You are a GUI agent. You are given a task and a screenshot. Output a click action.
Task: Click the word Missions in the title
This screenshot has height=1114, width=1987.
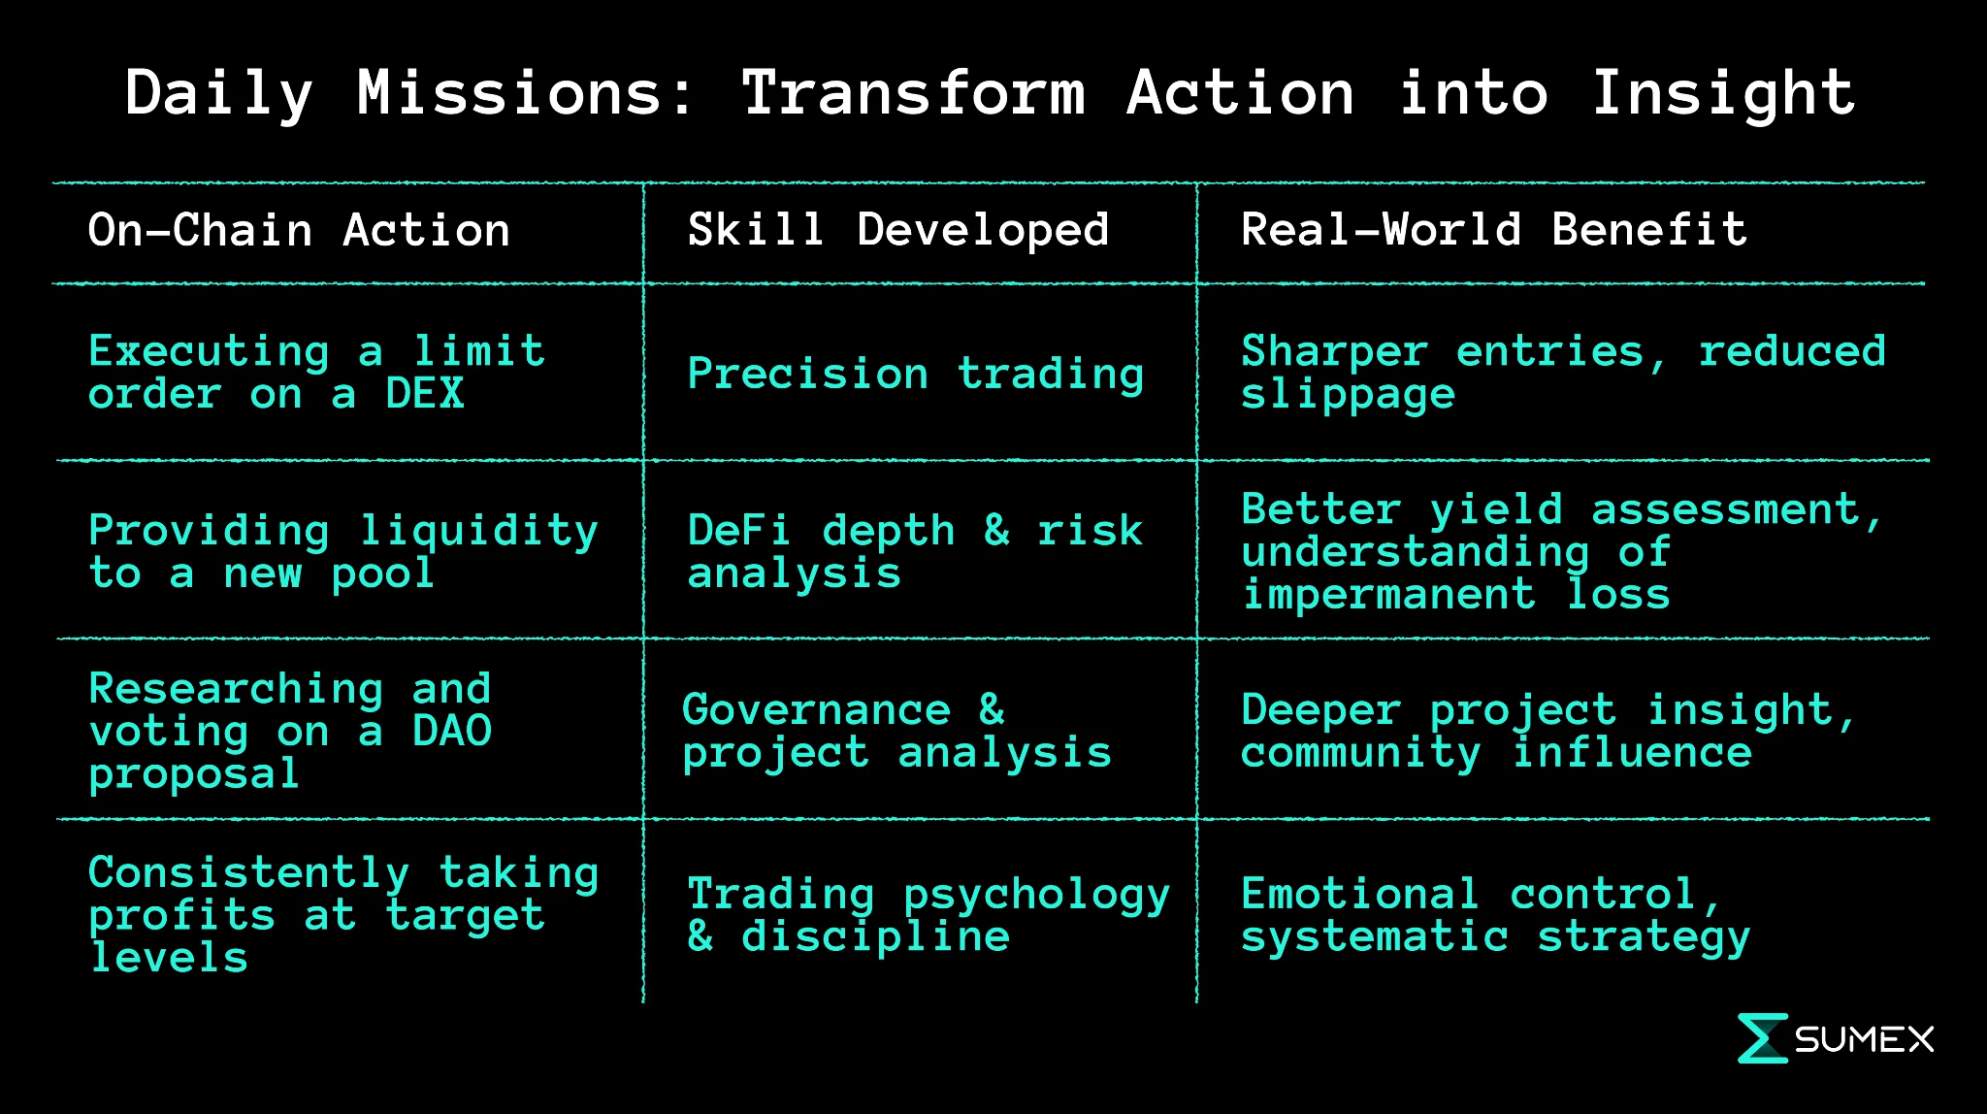[526, 93]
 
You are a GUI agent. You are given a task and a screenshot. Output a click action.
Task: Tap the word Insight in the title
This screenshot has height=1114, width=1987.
[1724, 93]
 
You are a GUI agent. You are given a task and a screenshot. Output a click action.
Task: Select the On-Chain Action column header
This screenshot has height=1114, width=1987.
[299, 231]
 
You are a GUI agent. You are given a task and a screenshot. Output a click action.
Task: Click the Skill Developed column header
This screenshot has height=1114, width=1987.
[898, 231]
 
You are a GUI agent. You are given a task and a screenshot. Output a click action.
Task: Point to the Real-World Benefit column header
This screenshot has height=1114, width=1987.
[1494, 231]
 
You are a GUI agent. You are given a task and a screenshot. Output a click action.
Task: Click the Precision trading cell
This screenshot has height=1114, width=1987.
[916, 375]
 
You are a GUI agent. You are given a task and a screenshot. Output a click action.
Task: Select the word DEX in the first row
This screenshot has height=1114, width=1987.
[425, 394]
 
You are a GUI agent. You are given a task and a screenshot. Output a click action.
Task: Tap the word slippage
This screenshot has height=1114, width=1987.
[1349, 396]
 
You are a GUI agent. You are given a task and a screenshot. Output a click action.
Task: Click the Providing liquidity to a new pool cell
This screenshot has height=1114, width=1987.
[343, 552]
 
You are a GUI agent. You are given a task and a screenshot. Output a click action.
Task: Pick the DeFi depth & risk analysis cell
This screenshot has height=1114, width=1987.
[916, 552]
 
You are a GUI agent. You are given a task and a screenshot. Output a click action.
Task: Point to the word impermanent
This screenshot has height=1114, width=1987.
[1389, 595]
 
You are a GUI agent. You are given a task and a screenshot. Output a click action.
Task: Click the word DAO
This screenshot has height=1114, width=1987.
[452, 731]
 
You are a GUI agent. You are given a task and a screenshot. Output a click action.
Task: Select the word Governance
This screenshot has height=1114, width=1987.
[817, 710]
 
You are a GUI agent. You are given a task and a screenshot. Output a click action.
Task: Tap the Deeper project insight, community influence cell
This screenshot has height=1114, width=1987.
[1549, 732]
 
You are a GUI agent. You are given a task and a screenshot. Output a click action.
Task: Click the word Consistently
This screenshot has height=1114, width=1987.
[249, 873]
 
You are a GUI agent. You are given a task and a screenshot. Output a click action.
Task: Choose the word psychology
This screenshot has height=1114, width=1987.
[1037, 896]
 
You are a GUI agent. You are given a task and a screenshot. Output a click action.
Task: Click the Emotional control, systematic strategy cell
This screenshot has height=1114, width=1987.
[1496, 916]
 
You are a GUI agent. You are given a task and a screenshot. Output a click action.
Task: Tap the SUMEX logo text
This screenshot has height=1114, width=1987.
[1864, 1040]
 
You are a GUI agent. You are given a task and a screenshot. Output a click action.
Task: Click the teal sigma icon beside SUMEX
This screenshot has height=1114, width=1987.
[1762, 1038]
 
